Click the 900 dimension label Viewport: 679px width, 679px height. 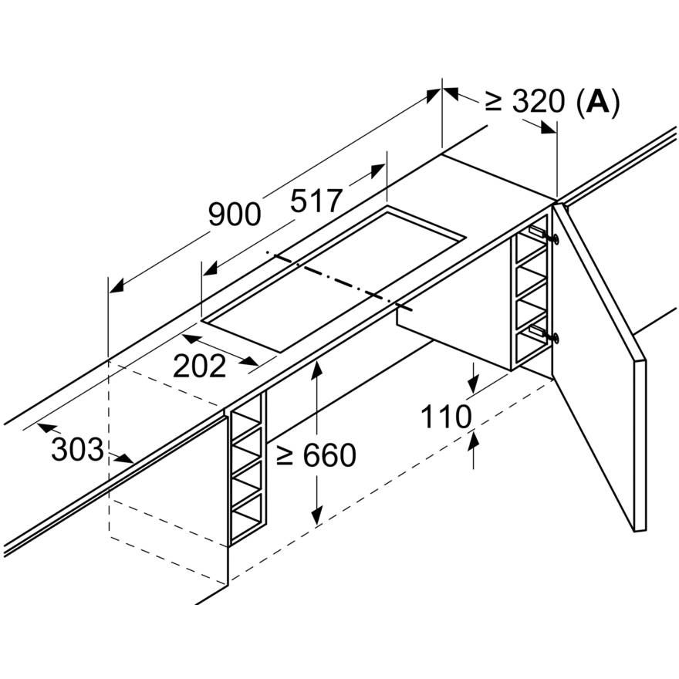click(x=235, y=215)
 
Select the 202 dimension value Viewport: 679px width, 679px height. click(x=199, y=366)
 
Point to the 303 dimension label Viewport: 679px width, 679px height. click(x=76, y=449)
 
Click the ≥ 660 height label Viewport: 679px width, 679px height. click(x=316, y=456)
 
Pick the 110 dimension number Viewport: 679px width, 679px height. click(x=446, y=417)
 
